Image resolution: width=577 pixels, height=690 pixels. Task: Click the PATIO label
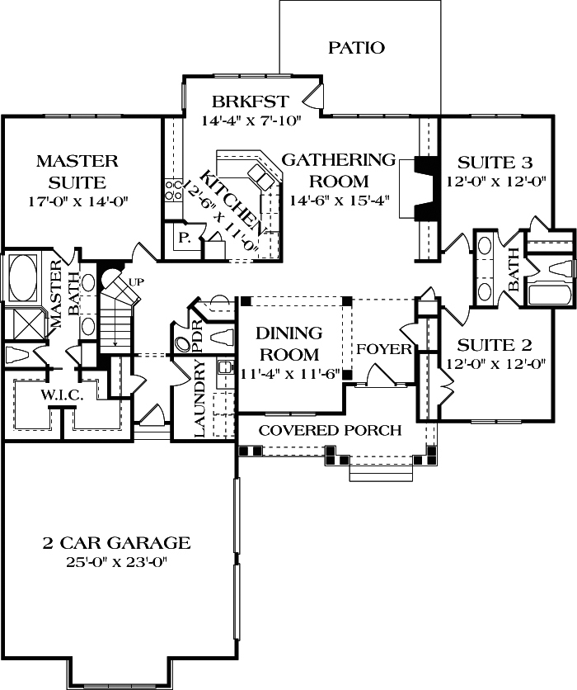pos(356,47)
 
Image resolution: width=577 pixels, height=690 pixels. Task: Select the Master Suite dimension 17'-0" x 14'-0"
pos(77,201)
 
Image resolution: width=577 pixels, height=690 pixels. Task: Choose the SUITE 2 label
pos(495,344)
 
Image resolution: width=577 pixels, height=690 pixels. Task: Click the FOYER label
pos(383,349)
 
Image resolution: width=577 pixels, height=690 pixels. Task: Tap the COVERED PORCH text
pos(330,430)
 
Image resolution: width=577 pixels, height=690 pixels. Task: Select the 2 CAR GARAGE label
pos(116,542)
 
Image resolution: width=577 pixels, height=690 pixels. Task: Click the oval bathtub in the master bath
pos(22,278)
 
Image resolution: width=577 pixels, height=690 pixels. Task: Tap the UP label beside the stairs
pos(136,282)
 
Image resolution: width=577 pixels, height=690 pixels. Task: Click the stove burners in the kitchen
pos(173,191)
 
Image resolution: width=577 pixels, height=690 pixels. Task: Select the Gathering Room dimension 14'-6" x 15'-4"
pos(339,200)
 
